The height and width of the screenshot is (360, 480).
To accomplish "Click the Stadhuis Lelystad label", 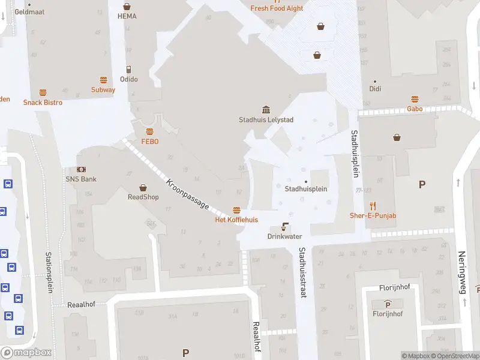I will click(x=266, y=119).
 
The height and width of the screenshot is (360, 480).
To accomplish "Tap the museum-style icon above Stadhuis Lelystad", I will click(x=266, y=109).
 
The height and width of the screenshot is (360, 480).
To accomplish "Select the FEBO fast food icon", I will click(x=149, y=131).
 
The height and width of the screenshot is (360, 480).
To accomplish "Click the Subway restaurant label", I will click(x=103, y=90).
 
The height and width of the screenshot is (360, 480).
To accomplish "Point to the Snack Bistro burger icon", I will click(x=43, y=92).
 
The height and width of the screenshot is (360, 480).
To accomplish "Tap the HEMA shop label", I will click(x=127, y=16).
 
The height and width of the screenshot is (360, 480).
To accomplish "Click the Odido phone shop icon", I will click(x=128, y=69).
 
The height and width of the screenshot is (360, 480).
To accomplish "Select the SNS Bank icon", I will click(x=80, y=170).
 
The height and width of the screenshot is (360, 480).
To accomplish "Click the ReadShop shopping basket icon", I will click(x=143, y=187).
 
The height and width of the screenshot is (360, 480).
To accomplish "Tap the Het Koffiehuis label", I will click(x=236, y=220).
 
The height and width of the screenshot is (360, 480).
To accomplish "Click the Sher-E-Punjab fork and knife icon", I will click(x=373, y=206).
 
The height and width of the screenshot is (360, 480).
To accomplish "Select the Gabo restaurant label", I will click(x=415, y=109).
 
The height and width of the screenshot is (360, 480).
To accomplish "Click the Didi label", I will click(x=375, y=89).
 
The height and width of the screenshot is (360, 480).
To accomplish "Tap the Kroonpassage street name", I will click(x=188, y=194).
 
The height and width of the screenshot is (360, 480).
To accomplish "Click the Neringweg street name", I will click(x=462, y=272).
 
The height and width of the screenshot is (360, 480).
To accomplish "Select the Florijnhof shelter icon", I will click(x=388, y=304).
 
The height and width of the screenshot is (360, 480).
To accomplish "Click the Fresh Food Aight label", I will click(x=277, y=8).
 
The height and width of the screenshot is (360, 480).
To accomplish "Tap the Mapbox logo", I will click(x=26, y=353).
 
